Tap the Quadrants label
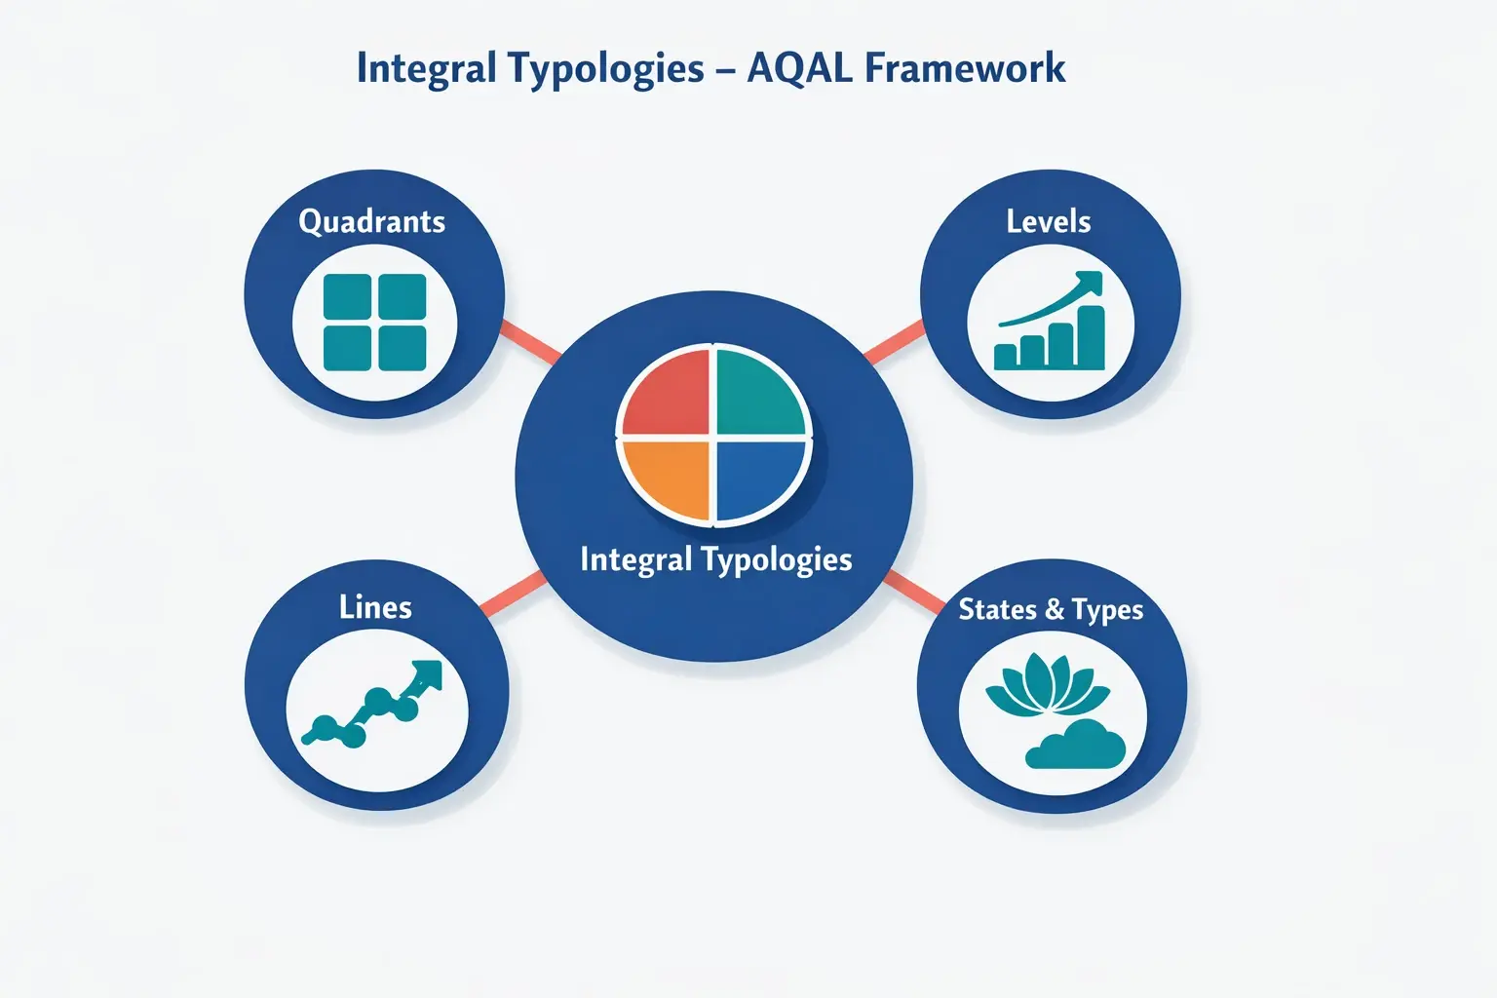(371, 222)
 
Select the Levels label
(1049, 222)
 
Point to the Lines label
(375, 608)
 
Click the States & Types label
(1051, 610)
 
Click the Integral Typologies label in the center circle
(715, 559)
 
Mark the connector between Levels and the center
(894, 342)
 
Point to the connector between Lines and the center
(513, 594)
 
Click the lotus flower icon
(1047, 686)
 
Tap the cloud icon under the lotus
(1076, 747)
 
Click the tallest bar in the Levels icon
(1091, 337)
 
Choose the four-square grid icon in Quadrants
(374, 323)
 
